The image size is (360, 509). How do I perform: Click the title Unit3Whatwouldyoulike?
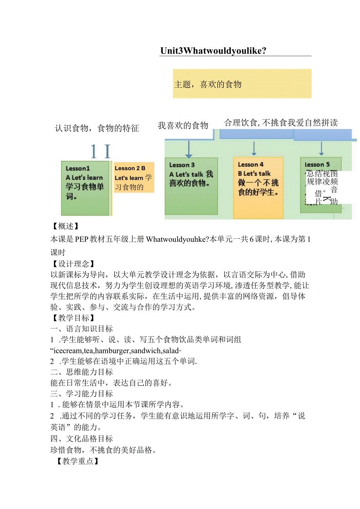(213, 51)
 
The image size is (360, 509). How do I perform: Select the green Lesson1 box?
(85, 188)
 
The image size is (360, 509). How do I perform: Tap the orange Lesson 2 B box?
(133, 178)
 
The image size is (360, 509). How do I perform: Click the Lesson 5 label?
(317, 164)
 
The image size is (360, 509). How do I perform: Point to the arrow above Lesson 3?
(189, 149)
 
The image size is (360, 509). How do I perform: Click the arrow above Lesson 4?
(254, 148)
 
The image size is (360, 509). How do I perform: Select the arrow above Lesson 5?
(321, 148)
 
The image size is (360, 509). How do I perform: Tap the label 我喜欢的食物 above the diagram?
(183, 126)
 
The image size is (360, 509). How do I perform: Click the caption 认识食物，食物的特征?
(97, 128)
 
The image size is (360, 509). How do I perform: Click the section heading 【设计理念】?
(70, 264)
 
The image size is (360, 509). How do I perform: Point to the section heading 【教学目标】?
(70, 318)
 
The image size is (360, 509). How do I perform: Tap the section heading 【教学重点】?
(76, 461)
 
